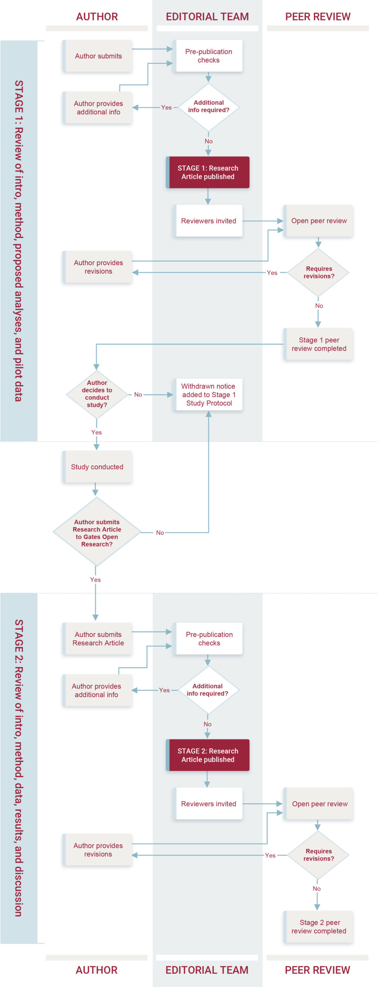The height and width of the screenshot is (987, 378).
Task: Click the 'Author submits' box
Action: (98, 56)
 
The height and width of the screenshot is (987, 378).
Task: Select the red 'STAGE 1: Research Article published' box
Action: (208, 172)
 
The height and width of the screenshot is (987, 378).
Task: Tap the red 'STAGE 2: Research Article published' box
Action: (208, 755)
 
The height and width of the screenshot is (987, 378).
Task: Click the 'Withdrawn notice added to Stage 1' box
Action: (209, 394)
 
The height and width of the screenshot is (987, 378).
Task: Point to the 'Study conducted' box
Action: (97, 467)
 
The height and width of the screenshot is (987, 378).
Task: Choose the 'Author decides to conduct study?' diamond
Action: (97, 394)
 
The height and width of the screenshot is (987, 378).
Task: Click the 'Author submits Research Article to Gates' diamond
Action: (97, 533)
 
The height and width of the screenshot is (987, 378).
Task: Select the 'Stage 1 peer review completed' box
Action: (319, 344)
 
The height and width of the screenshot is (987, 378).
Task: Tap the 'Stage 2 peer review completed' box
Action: (319, 927)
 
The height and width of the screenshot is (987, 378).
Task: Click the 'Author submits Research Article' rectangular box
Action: (98, 638)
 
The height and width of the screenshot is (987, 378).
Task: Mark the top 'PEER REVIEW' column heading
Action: (318, 17)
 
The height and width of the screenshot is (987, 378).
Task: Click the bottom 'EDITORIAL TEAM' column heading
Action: (207, 970)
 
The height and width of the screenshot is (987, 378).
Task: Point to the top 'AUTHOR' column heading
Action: (97, 17)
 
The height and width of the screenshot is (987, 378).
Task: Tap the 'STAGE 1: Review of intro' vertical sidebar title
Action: (19, 241)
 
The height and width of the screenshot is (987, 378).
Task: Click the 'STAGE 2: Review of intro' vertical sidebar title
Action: (19, 767)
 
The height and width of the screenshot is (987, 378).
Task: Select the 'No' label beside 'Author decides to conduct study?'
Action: (138, 394)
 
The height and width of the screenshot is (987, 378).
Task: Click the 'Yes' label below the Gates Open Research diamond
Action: (95, 579)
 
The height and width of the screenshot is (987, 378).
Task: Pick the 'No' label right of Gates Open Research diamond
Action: (160, 532)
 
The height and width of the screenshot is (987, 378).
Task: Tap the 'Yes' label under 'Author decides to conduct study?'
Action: (96, 432)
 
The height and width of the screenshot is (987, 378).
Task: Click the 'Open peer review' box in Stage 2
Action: (319, 804)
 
